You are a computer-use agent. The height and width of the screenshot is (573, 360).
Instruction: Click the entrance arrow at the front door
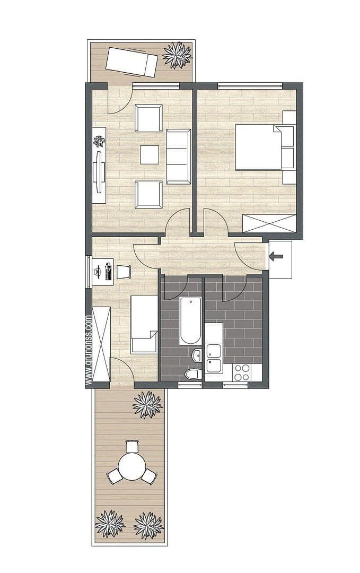pos(276,257)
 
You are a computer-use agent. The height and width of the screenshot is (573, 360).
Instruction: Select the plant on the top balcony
pos(177,55)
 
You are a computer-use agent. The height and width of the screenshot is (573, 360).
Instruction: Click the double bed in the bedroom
pos(260,147)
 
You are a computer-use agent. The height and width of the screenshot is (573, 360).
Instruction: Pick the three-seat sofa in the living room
pos(178,156)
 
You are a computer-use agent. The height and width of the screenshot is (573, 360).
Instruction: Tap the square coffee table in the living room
pos(150,155)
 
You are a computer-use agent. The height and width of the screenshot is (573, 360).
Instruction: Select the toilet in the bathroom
pos(194,374)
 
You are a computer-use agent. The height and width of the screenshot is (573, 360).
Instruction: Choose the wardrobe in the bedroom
pos(268,223)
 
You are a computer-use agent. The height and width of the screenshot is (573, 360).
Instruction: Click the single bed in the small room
pos(144,324)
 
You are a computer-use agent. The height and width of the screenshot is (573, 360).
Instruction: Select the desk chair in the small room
pos(124,271)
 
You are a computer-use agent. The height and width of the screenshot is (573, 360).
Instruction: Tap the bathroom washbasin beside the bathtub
pos(197,355)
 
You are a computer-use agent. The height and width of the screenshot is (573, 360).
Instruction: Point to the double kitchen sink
pos(214,358)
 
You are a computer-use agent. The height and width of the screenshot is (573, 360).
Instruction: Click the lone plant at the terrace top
pos(147,405)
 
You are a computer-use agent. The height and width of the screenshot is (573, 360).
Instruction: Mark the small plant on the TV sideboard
pos(99,141)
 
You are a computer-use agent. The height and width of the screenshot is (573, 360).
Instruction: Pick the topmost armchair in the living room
pos(148,118)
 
